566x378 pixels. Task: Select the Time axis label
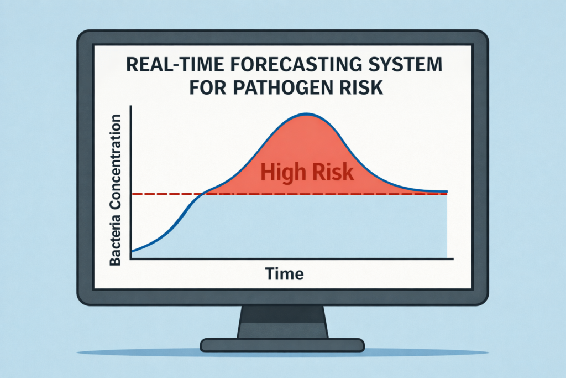click(x=285, y=273)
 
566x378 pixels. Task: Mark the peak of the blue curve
click(x=307, y=114)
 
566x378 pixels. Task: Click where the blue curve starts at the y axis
click(x=132, y=251)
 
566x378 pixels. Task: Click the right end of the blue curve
click(x=447, y=191)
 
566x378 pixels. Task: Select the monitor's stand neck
click(x=282, y=322)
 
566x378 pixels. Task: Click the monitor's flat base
click(x=282, y=345)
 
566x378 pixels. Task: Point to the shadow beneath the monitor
click(x=282, y=352)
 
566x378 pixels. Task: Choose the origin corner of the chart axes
click(x=130, y=258)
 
